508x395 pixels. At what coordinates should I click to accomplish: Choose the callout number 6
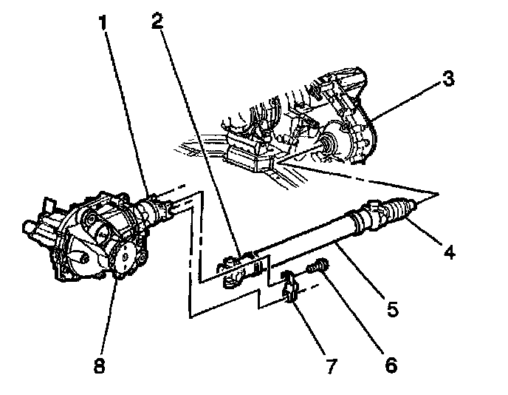click(389, 363)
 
